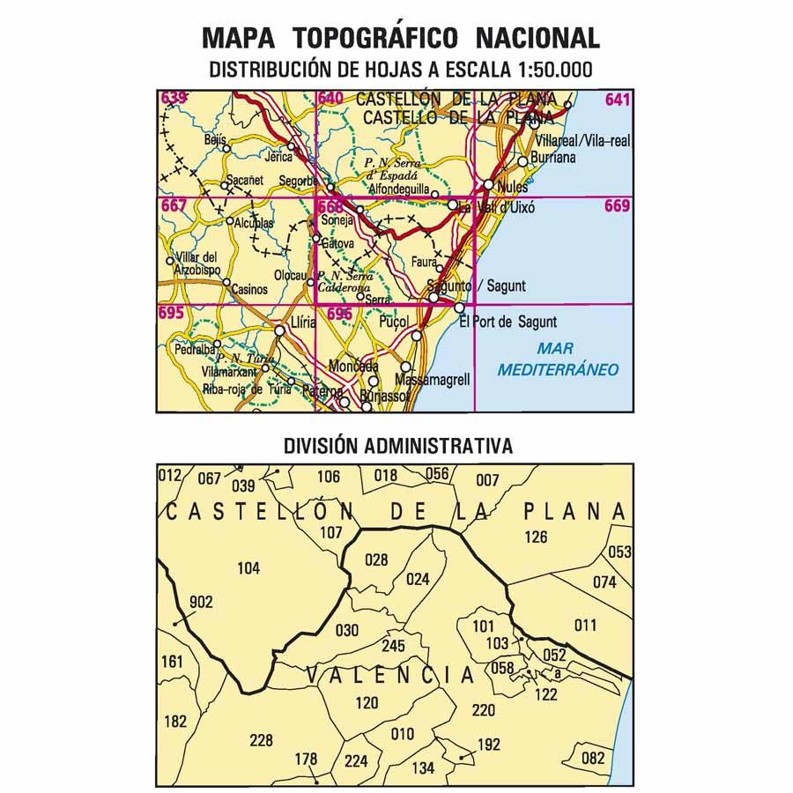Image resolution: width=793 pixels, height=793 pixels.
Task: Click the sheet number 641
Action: [x=618, y=100]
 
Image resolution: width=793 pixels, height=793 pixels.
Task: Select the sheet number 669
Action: [x=618, y=207]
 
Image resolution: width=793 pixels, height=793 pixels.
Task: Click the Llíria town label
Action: [x=302, y=323]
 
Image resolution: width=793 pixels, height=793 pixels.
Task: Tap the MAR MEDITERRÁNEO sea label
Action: [x=558, y=360]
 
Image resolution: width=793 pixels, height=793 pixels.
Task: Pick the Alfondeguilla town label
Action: [x=399, y=189]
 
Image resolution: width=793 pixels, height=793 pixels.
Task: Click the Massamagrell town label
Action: [x=434, y=379]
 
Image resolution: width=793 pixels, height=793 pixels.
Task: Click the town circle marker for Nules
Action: [x=488, y=184]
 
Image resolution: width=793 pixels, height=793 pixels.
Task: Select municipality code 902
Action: [x=201, y=602]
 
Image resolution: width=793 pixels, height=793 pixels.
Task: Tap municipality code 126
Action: [x=535, y=537]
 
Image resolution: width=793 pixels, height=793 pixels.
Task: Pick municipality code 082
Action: [x=594, y=757]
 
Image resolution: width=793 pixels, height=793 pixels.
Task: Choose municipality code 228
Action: [x=262, y=740]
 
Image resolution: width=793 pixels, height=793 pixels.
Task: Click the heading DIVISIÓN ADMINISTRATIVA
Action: [x=397, y=446]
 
